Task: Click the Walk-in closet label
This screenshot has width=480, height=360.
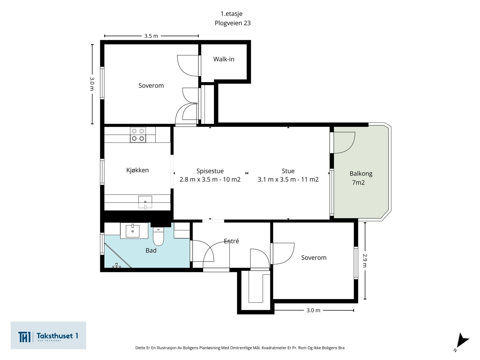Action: coord(224,59)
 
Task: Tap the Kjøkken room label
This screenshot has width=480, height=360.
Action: coord(137,170)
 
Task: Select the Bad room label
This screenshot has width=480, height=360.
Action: coord(151,250)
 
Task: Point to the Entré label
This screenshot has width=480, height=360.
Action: coord(231,241)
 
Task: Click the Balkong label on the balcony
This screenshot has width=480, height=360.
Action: coord(361,174)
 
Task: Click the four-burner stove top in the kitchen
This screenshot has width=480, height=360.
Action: coord(138,135)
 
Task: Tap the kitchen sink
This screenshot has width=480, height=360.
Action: coord(145,202)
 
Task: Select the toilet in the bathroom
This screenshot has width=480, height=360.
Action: coord(158,236)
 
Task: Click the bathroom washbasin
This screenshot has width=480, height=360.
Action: coord(133,231)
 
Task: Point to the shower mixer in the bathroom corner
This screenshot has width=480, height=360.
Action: coord(117,265)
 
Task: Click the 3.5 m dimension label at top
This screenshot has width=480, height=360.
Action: coord(151,36)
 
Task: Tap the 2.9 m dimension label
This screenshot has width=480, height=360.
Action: coord(365,260)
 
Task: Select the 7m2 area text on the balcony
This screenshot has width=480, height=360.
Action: coord(358,182)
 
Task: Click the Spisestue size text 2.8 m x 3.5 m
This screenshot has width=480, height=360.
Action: coord(199,179)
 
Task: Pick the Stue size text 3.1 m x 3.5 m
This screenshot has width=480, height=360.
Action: coord(277,179)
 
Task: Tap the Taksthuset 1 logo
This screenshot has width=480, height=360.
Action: coord(48,335)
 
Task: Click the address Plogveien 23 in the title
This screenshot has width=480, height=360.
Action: coord(233,23)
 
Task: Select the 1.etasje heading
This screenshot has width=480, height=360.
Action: coord(231,14)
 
